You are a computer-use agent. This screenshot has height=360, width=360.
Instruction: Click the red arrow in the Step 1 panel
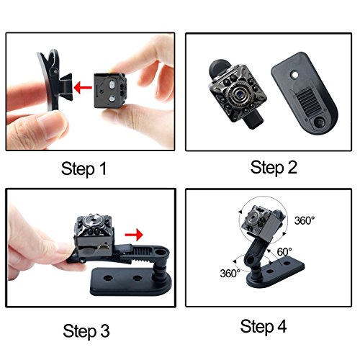click(83, 88)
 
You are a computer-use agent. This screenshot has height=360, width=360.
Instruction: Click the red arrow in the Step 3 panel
click(134, 235)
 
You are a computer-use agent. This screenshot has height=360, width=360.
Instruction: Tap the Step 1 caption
click(84, 168)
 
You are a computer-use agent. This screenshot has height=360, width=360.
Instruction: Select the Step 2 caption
click(274, 168)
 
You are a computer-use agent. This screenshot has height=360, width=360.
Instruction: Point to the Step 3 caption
click(86, 331)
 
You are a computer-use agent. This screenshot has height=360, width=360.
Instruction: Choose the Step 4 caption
click(264, 327)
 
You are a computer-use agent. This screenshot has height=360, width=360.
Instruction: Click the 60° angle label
click(284, 252)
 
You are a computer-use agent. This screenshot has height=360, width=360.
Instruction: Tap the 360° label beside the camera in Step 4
click(305, 220)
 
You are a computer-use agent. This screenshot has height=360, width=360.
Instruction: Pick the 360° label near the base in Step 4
click(230, 274)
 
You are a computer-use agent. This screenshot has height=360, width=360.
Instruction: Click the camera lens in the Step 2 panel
click(239, 94)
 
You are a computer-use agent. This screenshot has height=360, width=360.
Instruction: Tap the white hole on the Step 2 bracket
click(295, 75)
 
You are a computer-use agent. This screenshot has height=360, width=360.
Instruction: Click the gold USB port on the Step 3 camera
click(104, 246)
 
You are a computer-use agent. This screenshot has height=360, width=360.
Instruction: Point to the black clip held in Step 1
click(55, 80)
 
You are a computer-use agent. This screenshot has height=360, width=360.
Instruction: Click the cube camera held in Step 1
click(110, 90)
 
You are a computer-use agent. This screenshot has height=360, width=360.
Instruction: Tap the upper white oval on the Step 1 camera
click(112, 85)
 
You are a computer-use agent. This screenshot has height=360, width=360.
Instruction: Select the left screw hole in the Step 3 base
click(108, 278)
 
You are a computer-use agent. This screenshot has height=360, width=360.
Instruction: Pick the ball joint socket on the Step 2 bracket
click(320, 123)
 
